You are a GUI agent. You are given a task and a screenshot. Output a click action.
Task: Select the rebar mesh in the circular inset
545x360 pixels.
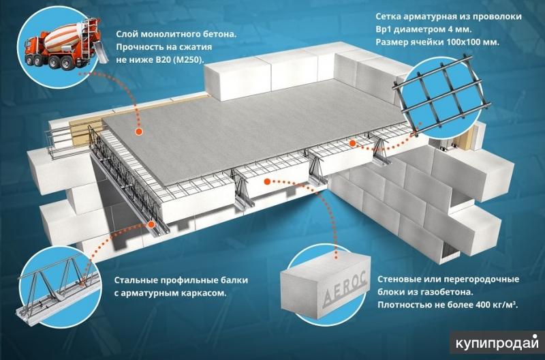tap(441, 93)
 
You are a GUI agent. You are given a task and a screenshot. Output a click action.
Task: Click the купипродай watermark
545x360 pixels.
tap(497, 343)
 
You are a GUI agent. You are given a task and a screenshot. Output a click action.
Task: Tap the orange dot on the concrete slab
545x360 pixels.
tap(139, 132)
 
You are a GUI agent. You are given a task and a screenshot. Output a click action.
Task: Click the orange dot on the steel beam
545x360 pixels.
tap(151, 224)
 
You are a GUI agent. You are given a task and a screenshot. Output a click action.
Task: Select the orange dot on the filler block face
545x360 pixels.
tap(267, 181)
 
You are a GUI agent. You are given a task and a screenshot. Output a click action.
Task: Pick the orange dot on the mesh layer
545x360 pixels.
tap(352, 142)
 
